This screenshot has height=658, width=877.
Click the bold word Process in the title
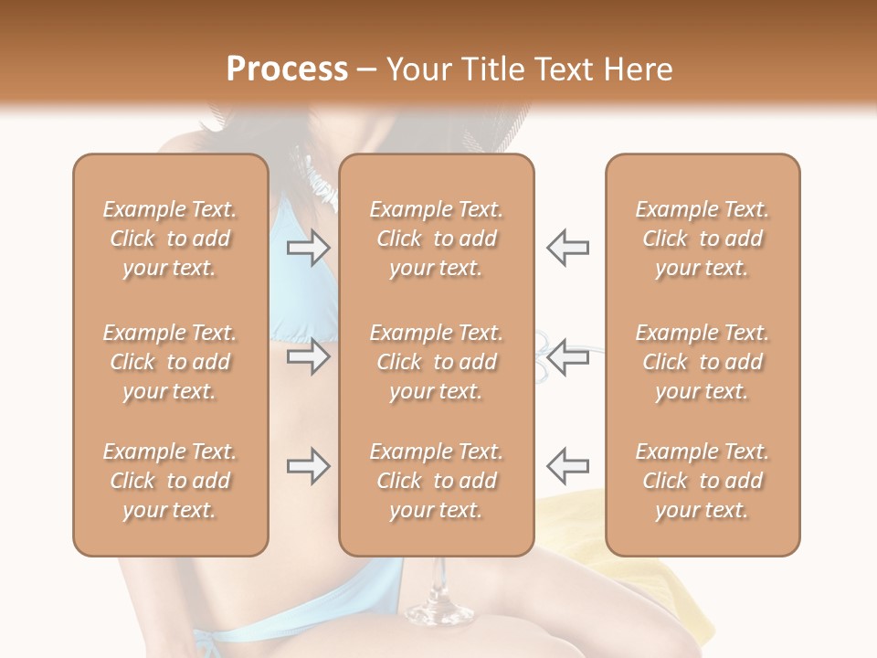pos(287,69)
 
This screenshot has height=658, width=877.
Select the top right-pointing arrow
pos(308,247)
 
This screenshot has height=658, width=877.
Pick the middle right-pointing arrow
pos(308,356)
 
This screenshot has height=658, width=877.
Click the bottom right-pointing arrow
pos(308,466)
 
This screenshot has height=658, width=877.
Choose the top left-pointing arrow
pos(567,247)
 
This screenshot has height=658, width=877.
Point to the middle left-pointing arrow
pos(567,356)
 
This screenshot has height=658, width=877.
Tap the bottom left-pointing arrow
pos(567,466)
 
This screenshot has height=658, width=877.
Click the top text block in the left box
pos(170,239)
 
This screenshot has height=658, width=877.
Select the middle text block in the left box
pos(170,362)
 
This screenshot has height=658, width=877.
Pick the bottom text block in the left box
pos(170,481)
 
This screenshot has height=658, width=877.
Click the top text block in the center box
pos(436,239)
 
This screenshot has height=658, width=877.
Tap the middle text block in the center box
pos(436,362)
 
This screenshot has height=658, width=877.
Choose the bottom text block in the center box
pos(436,481)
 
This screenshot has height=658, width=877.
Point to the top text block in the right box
pos(703,239)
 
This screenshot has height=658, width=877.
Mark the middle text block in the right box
pos(703,362)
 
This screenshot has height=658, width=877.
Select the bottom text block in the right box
pos(703,481)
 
